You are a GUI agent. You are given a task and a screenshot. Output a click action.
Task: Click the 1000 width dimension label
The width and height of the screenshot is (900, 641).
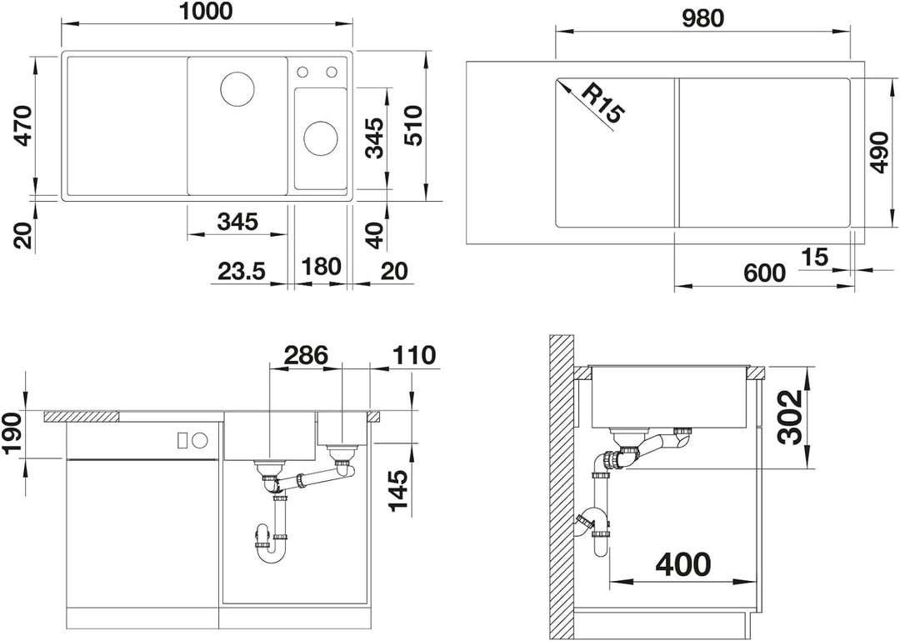pos(206,12)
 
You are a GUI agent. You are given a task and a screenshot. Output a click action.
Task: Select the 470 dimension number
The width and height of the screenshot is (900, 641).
pos(24,126)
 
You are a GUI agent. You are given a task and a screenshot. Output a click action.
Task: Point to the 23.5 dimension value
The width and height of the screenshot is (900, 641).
pos(241,270)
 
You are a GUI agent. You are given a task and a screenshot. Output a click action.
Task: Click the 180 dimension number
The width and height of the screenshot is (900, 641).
pos(320,267)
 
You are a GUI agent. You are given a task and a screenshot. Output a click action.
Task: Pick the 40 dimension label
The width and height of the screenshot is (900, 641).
pos(375,236)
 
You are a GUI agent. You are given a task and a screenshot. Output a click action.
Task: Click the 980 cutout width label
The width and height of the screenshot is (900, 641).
pos(703,19)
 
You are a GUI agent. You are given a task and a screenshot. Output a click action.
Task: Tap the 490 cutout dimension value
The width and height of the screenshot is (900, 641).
pos(878,153)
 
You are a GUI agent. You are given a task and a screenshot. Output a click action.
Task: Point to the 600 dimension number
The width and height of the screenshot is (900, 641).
pos(764,273)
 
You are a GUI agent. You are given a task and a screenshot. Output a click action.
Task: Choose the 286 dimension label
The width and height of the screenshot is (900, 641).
pos(307,356)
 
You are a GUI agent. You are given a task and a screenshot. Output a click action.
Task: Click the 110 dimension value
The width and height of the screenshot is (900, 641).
pos(412,356)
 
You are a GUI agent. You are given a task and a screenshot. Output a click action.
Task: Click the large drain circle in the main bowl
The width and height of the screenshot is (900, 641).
pos(237,88)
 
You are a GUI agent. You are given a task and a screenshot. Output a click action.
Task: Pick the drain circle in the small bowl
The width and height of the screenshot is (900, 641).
pos(320,138)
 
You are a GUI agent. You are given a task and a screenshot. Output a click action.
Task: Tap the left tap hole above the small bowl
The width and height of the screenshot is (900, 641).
pos(302,72)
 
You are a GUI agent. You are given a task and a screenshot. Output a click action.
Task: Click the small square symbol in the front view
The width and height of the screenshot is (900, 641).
pos(182,441)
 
